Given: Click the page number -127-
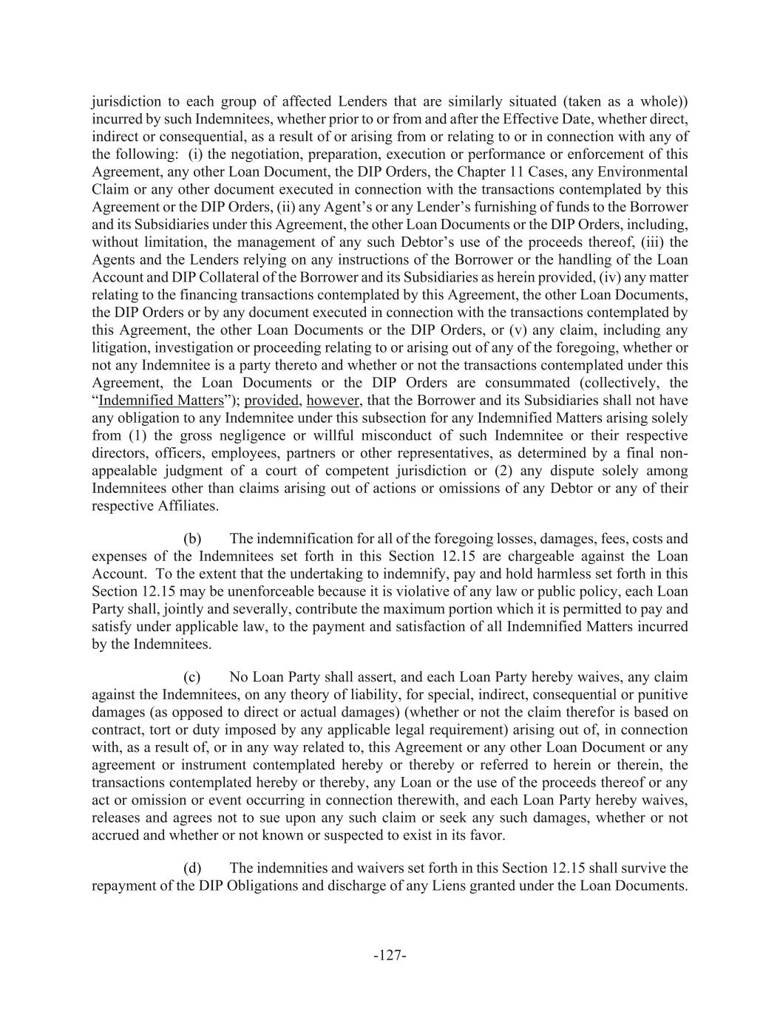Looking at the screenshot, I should pos(390,956).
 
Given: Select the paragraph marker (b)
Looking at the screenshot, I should pos(192,539).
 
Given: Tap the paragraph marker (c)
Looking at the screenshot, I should pos(192,677).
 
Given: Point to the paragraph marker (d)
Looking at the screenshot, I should pos(192,868).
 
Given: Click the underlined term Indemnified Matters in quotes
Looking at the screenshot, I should pos(160,401).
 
